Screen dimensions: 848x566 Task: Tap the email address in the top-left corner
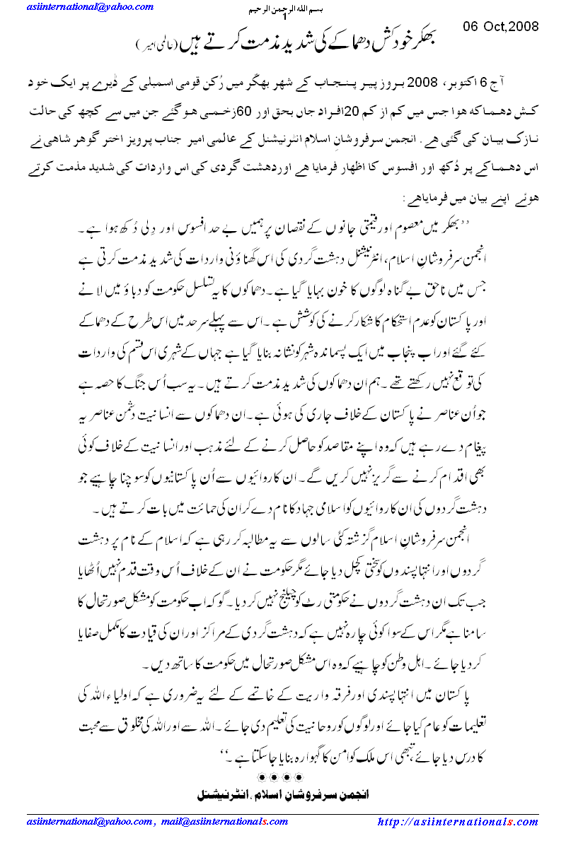(x=91, y=7)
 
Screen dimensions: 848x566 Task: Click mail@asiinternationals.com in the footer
(x=226, y=822)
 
